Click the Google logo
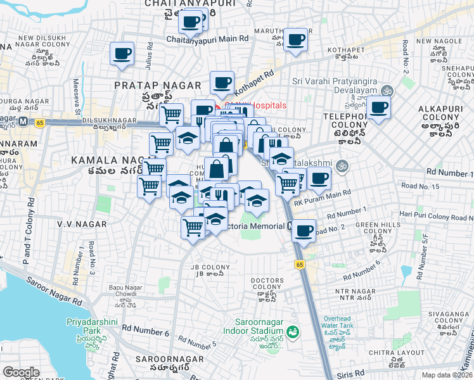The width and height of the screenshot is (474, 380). coord(21,372)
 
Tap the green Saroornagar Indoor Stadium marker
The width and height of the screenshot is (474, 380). coord(292,331)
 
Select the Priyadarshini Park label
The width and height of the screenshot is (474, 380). coord(84,326)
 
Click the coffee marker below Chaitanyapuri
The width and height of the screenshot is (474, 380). coord(190,23)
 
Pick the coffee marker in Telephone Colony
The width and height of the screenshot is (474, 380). coord(378,108)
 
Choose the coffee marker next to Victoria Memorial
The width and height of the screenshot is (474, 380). coord(304,231)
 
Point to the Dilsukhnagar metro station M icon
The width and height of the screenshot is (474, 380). coord(22,120)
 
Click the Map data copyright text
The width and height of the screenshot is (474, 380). coord(447,375)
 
